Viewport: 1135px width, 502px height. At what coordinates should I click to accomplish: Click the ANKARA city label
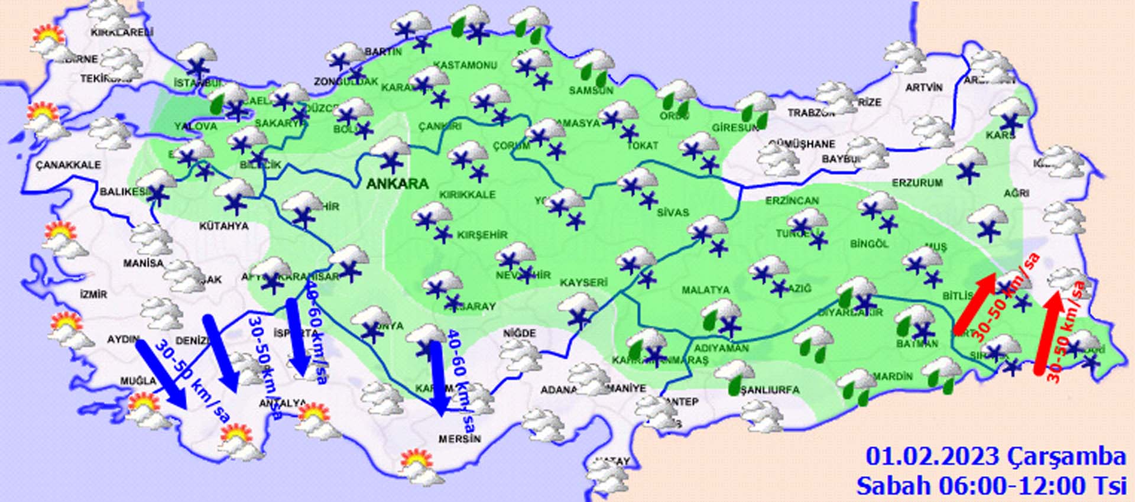click(397, 184)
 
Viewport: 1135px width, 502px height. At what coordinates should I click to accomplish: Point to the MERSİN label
click(459, 439)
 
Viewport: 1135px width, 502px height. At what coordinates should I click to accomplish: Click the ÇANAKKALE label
click(68, 165)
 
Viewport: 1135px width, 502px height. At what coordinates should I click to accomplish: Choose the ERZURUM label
click(917, 183)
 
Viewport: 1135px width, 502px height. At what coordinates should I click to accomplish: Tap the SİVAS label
click(673, 212)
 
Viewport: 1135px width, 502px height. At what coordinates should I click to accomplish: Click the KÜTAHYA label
click(223, 226)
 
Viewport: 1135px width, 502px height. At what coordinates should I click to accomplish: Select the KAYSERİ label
click(583, 283)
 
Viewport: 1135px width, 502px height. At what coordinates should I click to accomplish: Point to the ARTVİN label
click(924, 88)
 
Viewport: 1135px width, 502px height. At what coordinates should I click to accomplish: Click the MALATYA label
click(705, 290)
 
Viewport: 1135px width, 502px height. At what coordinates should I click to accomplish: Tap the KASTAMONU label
click(465, 65)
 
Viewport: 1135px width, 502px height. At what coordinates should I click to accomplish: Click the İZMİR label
click(93, 294)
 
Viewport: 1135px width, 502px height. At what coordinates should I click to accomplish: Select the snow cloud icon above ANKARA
click(390, 153)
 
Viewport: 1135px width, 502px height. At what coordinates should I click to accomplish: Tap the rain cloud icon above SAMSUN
click(594, 66)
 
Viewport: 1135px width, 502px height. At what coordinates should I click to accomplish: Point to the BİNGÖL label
click(869, 244)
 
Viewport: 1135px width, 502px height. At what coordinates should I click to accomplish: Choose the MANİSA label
click(143, 263)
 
